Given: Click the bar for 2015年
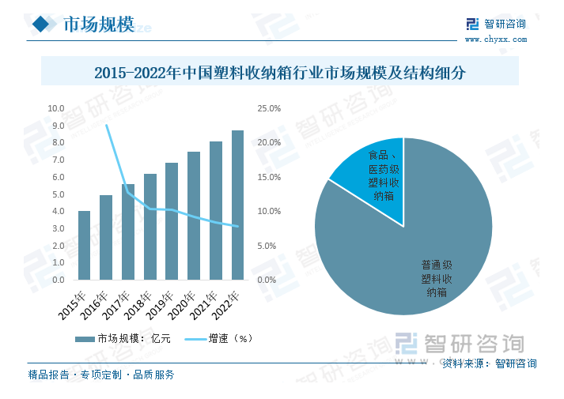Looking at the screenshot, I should tap(84, 245).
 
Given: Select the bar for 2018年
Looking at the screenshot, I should tap(150, 227).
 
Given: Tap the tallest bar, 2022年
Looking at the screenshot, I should tap(237, 205).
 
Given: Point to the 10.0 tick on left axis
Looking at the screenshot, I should tap(56, 109).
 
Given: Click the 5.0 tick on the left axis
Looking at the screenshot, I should tap(58, 194).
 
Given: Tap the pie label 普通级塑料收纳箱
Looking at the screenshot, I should tap(437, 279).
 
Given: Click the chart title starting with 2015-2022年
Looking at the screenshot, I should tap(280, 73).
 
